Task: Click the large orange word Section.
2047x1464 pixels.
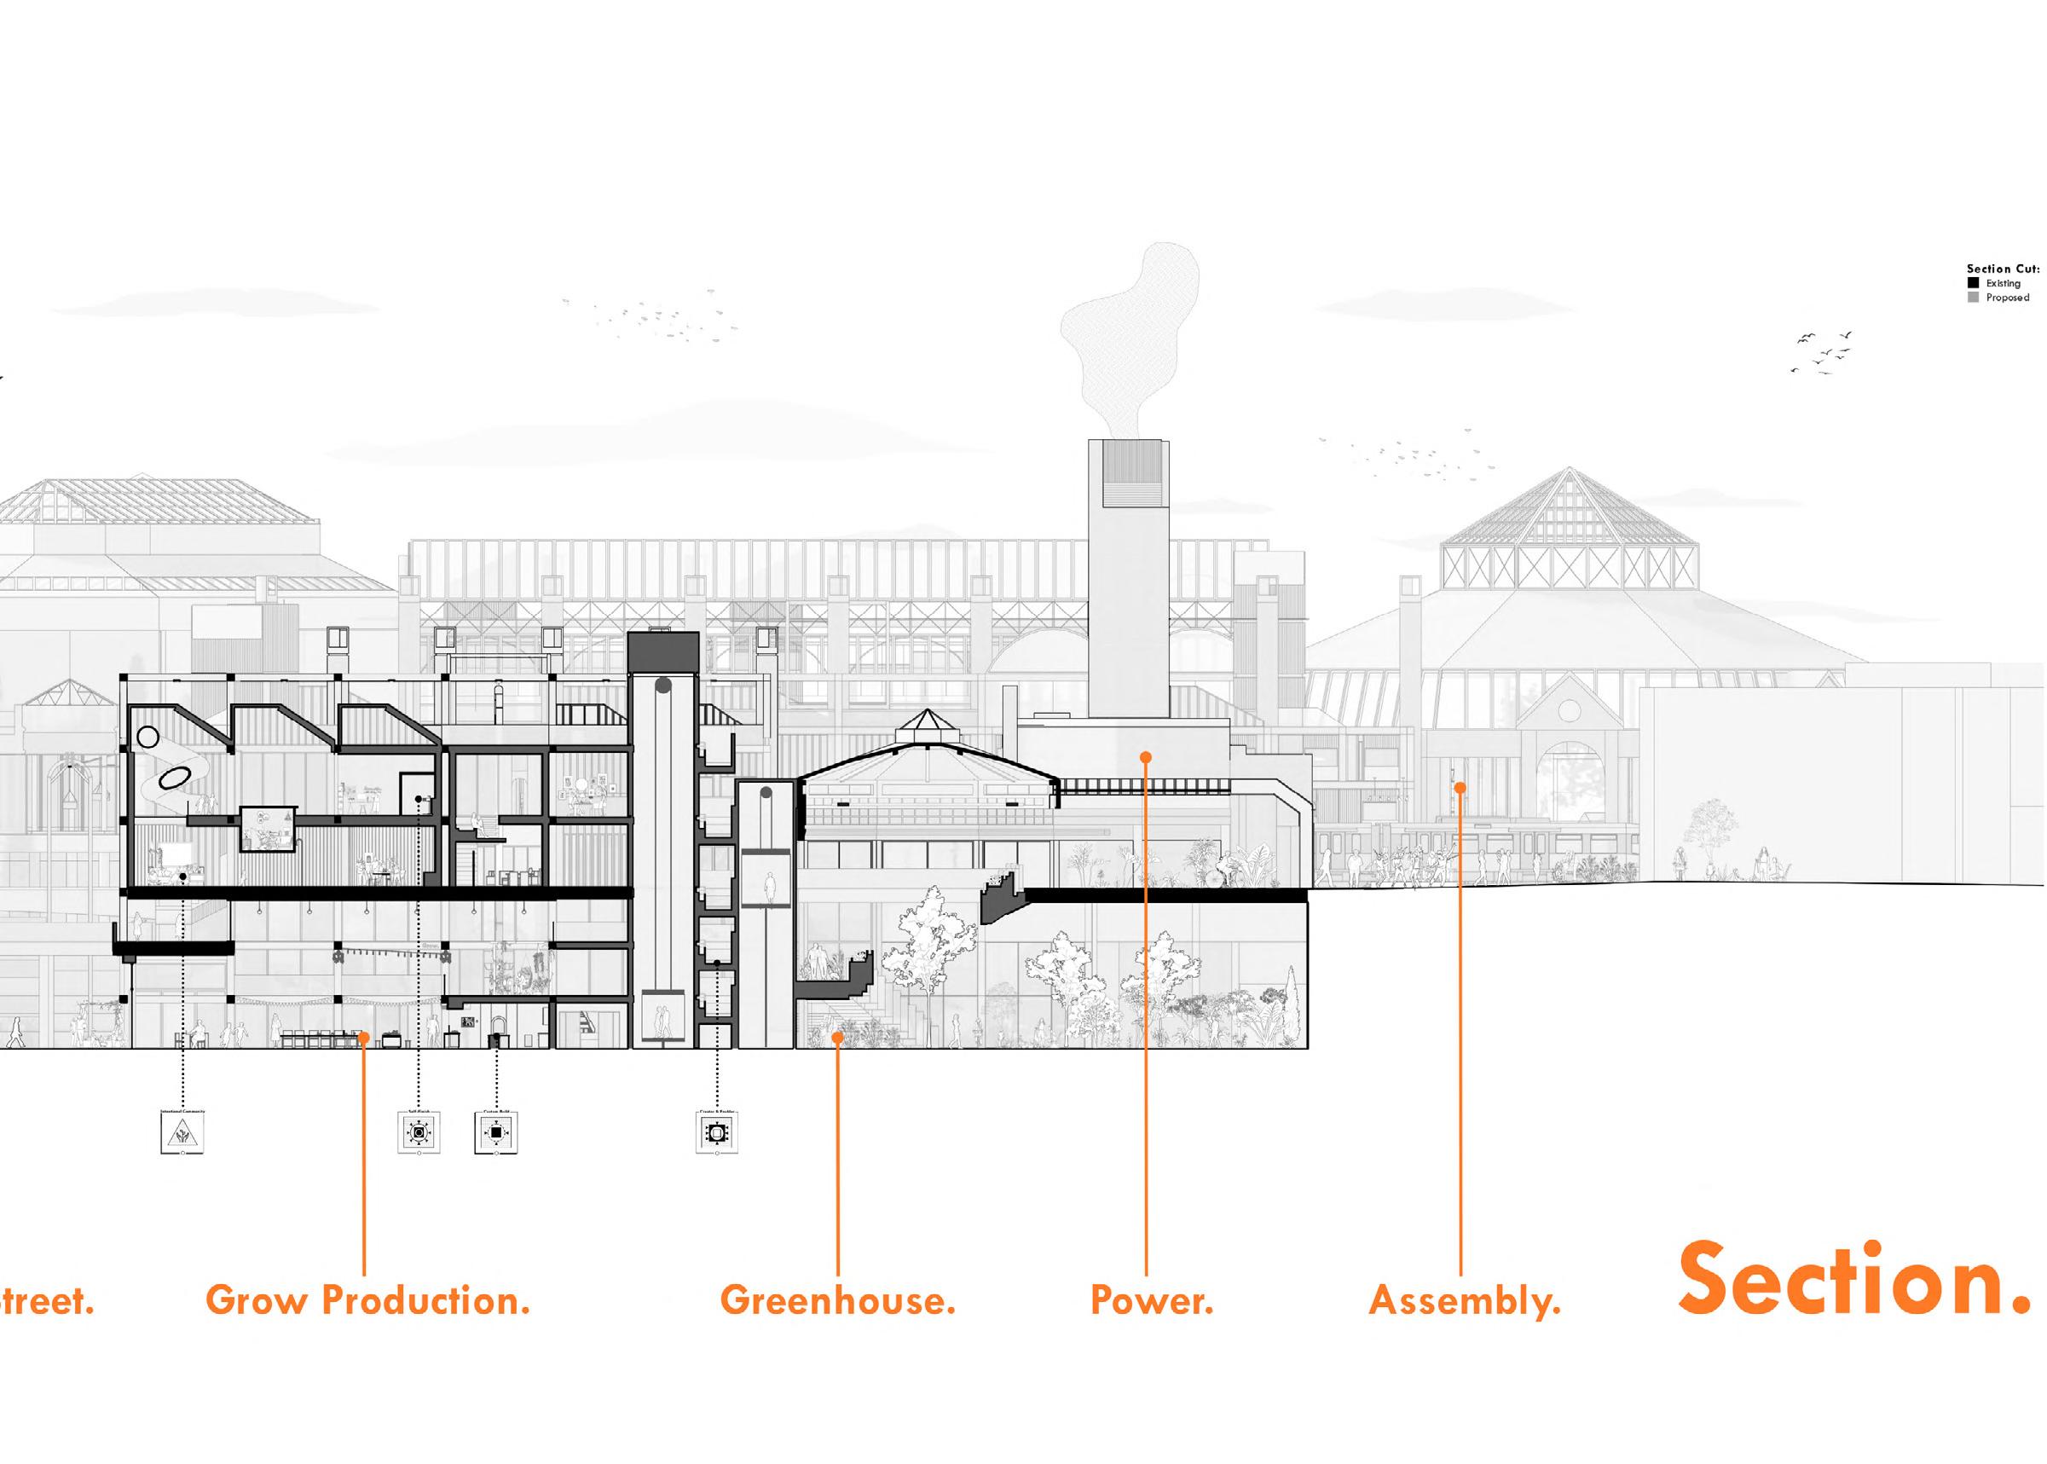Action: (x=1853, y=1280)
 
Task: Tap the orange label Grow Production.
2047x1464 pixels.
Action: (x=367, y=1301)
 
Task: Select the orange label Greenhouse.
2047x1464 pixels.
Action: (x=837, y=1301)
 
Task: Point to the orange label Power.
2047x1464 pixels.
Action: (x=1151, y=1301)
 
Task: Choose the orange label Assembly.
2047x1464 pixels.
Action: (x=1464, y=1301)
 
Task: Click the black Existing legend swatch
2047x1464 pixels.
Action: (x=1974, y=283)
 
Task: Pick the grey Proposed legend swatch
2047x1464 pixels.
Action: (x=1974, y=298)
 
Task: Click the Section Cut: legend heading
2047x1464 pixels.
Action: (x=2002, y=269)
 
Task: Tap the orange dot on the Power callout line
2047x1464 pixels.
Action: (x=1146, y=757)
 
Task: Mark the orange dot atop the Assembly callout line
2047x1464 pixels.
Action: (x=1460, y=787)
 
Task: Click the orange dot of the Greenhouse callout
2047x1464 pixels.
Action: (x=837, y=1038)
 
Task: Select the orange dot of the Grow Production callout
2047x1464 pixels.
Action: (x=363, y=1038)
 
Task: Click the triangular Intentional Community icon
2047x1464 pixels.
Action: (x=182, y=1134)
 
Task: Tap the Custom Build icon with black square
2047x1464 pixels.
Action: (x=495, y=1132)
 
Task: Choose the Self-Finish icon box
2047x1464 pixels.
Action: (x=419, y=1132)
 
